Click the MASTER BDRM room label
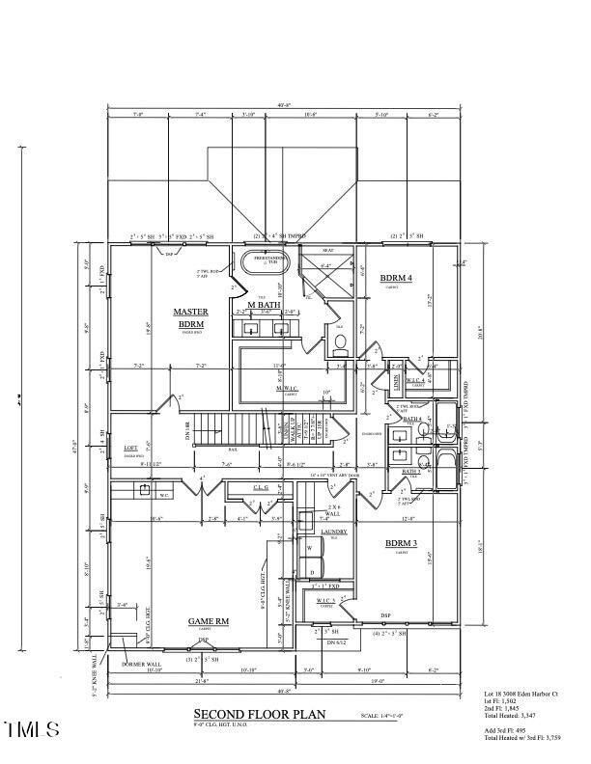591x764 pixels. (x=190, y=318)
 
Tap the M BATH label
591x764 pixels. (x=263, y=306)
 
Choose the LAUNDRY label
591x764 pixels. (x=321, y=532)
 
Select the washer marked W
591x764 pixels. (x=310, y=549)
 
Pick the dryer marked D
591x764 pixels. (x=310, y=571)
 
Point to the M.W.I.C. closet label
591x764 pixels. (x=290, y=391)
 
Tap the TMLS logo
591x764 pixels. (x=32, y=727)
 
